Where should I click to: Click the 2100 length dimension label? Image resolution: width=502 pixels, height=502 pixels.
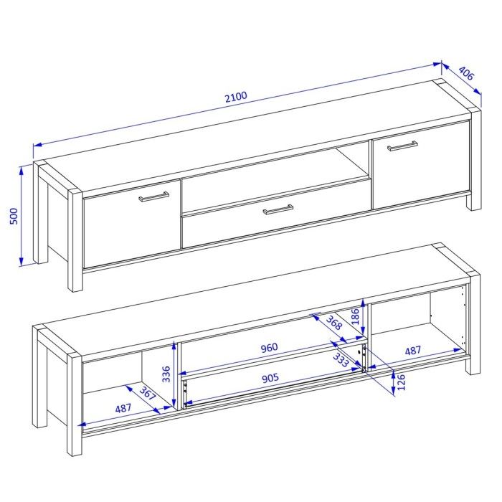click(x=236, y=97)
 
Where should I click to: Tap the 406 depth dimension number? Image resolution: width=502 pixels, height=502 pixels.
click(x=466, y=73)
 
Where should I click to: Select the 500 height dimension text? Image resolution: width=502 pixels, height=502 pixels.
click(x=14, y=216)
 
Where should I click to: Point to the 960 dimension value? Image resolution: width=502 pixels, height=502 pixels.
click(x=269, y=347)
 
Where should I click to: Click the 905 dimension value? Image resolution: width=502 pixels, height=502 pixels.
click(x=270, y=379)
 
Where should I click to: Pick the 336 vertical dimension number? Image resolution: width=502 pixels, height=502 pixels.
click(x=166, y=374)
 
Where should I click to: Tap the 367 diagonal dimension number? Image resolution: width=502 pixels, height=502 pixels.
click(x=147, y=394)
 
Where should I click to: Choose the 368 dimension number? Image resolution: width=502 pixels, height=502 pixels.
click(x=334, y=323)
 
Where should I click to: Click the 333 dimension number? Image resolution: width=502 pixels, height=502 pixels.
click(x=341, y=360)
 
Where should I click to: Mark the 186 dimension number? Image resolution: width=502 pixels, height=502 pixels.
click(x=356, y=316)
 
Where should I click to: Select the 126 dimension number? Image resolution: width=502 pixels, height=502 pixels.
click(x=401, y=382)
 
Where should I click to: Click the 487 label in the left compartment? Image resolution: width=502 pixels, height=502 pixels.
click(x=123, y=408)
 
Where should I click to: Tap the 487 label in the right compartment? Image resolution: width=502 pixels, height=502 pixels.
click(x=413, y=351)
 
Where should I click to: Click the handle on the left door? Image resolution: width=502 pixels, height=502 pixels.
click(x=154, y=196)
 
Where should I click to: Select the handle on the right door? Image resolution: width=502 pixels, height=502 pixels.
click(x=402, y=146)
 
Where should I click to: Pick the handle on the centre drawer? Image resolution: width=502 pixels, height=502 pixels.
click(x=278, y=209)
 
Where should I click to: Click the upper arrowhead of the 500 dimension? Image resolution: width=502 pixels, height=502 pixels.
click(x=21, y=171)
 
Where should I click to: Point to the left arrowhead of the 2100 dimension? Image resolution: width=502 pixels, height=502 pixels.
click(x=37, y=146)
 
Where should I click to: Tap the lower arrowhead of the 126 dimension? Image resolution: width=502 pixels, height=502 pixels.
click(x=394, y=392)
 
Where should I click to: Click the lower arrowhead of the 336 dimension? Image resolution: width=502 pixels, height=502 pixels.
click(x=174, y=403)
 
